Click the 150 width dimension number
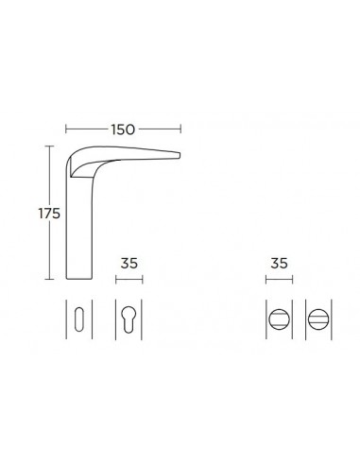pos(123,129)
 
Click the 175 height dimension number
pos(49,214)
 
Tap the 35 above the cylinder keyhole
pos(129,264)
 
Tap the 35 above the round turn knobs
pos(279,264)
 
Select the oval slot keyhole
pos(79,319)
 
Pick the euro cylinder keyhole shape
pos(129,319)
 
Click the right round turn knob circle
pos(318,319)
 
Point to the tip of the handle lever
pos(180,155)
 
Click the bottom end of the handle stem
pos(79,279)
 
